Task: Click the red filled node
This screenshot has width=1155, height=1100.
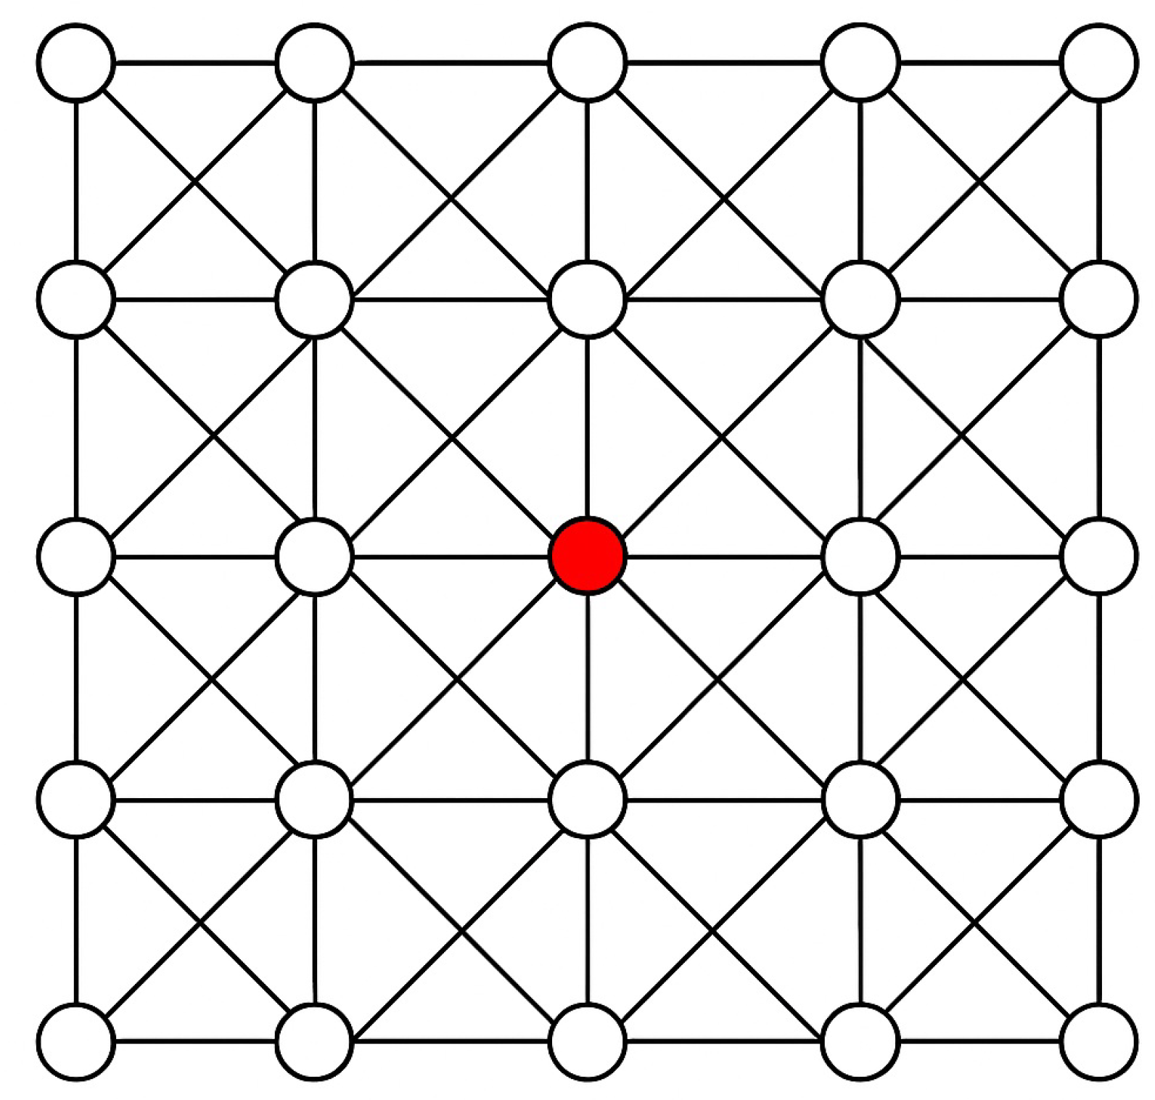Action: [x=588, y=556]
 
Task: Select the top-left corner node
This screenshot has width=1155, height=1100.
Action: [x=76, y=62]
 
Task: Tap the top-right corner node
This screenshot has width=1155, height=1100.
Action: [x=1099, y=62]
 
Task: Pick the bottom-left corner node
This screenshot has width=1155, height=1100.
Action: [x=76, y=1042]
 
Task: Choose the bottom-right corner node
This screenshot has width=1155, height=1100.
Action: [x=1099, y=1042]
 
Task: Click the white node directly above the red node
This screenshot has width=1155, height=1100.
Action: [x=588, y=299]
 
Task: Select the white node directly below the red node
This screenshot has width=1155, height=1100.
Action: [x=588, y=800]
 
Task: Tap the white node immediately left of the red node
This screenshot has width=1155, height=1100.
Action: [x=315, y=557]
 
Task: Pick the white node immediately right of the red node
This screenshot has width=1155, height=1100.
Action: [x=860, y=557]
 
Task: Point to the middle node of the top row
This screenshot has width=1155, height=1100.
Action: [x=588, y=62]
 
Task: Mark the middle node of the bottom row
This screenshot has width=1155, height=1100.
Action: [x=588, y=1042]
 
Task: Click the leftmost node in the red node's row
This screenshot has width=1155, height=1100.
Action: [x=76, y=557]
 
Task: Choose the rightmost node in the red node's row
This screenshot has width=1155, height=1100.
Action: [x=1099, y=557]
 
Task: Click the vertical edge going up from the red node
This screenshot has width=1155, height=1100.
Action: [x=588, y=428]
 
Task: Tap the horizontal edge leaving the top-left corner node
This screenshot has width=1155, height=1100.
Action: [x=196, y=62]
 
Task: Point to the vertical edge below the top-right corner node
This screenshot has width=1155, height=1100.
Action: [x=1099, y=181]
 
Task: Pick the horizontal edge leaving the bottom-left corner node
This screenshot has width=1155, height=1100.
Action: [x=196, y=1042]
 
